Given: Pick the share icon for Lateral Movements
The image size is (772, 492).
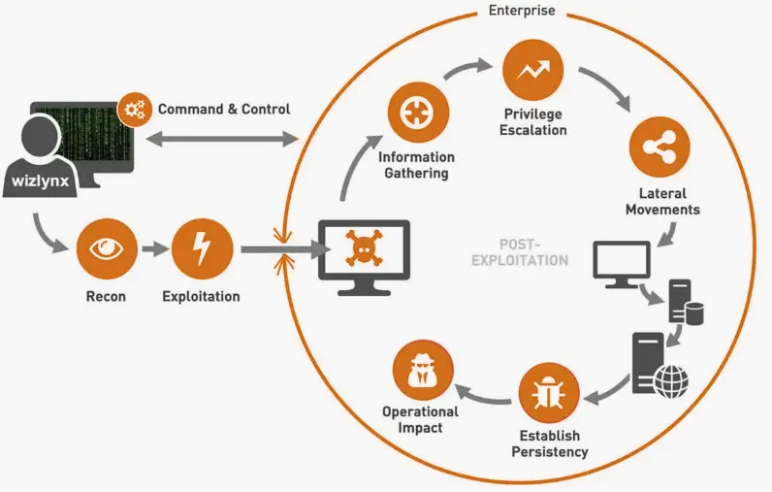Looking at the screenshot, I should (x=659, y=146).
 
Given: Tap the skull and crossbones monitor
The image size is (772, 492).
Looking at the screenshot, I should (x=365, y=255).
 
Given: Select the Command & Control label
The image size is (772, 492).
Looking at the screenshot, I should (x=224, y=109).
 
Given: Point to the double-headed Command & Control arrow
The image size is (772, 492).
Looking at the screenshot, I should (x=220, y=142).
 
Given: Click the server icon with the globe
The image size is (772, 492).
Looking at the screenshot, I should (x=658, y=367).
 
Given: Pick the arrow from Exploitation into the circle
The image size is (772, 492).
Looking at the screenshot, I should (x=282, y=250).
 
